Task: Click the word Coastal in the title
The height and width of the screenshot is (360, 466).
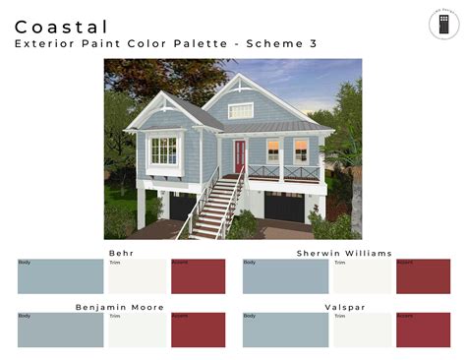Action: pyautogui.click(x=62, y=27)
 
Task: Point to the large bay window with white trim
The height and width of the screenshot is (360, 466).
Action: pyautogui.click(x=164, y=150)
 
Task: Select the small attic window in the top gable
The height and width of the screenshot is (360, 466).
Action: pyautogui.click(x=241, y=110)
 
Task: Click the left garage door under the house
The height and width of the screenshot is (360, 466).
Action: pyautogui.click(x=183, y=206)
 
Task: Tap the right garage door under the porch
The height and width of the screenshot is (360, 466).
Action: pyautogui.click(x=286, y=208)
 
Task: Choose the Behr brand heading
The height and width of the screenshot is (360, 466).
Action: pyautogui.click(x=121, y=253)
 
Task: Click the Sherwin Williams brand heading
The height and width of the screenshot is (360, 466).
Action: pyautogui.click(x=344, y=253)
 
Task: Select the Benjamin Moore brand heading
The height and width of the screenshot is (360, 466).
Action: pyautogui.click(x=121, y=307)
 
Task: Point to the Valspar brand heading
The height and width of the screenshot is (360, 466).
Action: pyautogui.click(x=345, y=307)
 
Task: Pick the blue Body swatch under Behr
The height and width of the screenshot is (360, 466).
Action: pyautogui.click(x=60, y=276)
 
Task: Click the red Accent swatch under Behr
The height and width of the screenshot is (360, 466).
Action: pyautogui.click(x=198, y=276)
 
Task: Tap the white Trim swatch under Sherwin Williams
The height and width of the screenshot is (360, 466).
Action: pyautogui.click(x=362, y=276)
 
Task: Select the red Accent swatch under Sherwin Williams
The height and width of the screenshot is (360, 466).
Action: pyautogui.click(x=423, y=276)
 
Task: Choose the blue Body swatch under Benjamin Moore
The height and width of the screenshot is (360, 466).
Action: pyautogui.click(x=60, y=330)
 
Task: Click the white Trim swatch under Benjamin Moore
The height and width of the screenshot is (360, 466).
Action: pyautogui.click(x=138, y=330)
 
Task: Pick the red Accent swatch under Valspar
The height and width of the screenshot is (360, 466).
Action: pyautogui.click(x=423, y=330)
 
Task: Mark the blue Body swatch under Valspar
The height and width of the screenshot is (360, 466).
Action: pyautogui.click(x=285, y=330)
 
